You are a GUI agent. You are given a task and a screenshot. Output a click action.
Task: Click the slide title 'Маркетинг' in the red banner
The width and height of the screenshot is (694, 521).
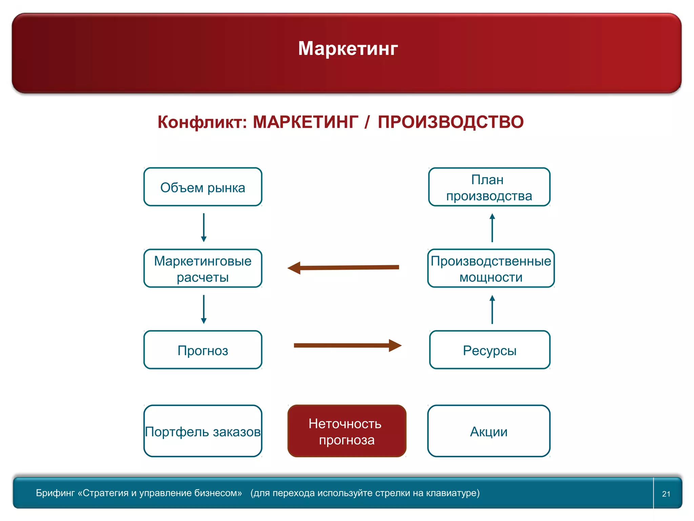point(348,49)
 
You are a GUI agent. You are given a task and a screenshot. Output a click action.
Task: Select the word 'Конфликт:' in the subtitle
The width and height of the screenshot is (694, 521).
point(202,122)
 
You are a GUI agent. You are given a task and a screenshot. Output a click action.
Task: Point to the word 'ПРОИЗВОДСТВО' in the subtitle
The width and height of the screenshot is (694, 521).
point(450,122)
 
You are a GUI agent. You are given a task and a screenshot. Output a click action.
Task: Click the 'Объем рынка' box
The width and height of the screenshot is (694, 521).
point(203,187)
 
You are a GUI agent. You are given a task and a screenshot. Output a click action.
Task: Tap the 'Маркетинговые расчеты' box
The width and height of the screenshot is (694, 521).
point(203,268)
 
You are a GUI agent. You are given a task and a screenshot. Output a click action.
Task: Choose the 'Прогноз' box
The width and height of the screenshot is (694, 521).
point(203,350)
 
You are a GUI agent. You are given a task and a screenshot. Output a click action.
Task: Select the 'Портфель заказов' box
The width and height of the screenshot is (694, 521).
point(203,431)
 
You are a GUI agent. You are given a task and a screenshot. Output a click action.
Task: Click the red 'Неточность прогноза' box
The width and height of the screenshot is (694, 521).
point(347,431)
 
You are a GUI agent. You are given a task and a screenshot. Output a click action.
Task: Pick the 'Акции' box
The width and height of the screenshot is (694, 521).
point(489,431)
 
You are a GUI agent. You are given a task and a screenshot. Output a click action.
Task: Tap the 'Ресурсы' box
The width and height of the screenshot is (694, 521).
point(490,350)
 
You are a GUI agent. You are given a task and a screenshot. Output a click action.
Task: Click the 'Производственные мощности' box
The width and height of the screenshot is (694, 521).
point(491,268)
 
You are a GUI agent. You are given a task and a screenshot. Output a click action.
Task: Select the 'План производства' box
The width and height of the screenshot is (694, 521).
point(489,187)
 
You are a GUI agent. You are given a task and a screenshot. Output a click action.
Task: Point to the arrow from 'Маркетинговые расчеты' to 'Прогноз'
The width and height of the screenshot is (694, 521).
point(204,309)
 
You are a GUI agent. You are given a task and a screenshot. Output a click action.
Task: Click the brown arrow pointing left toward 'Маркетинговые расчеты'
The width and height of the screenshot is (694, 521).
point(343,268)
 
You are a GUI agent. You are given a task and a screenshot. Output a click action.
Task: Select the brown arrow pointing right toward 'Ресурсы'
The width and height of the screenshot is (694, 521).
point(347,346)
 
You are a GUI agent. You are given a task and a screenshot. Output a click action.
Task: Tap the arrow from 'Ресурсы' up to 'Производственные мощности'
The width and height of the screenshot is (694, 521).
point(492,309)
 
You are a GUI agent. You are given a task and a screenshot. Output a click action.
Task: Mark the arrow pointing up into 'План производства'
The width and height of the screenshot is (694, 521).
point(492,227)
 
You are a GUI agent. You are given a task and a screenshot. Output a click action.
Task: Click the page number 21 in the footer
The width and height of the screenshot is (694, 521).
point(666,494)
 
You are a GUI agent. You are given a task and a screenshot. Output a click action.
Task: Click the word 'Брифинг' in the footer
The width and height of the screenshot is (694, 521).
point(55,493)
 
